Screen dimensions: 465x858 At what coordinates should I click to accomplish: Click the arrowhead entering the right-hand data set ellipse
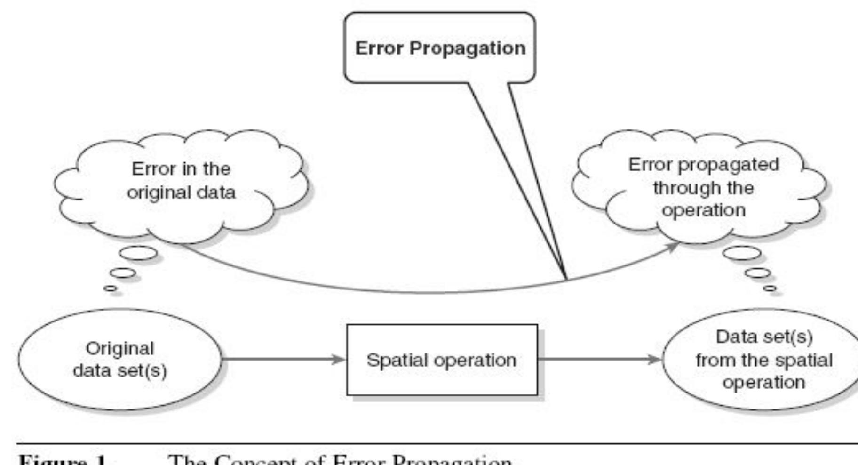pos(656,360)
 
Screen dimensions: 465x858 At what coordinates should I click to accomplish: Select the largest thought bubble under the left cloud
pos(138,253)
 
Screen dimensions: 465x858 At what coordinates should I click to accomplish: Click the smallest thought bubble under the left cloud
pos(110,288)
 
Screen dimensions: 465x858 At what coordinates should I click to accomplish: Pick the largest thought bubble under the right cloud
pos(741,253)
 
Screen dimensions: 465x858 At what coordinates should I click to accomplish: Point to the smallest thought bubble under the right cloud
pos(770,288)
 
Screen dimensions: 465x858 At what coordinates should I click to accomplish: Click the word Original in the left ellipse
pos(119,349)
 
